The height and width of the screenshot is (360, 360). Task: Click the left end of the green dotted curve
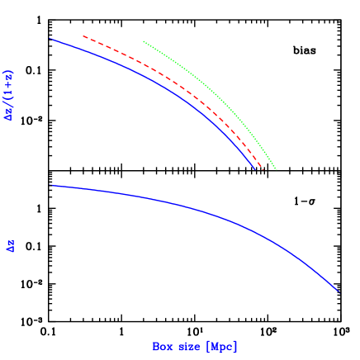point(144,41)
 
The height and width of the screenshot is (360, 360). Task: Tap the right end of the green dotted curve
point(276,169)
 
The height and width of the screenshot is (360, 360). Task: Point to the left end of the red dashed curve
point(83,36)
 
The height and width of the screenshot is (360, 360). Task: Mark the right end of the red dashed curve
point(263,170)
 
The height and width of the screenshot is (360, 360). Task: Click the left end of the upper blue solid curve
point(50,39)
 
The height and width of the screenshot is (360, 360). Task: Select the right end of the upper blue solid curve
point(255,169)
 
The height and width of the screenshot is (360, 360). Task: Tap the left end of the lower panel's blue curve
point(51,185)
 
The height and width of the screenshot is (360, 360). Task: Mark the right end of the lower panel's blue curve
point(339,291)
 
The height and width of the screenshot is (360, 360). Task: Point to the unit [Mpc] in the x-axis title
point(222,348)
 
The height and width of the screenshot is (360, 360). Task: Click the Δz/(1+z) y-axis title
point(10,96)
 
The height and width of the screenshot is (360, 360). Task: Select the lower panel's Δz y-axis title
point(11,246)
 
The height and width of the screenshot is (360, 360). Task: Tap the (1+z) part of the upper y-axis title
point(10,83)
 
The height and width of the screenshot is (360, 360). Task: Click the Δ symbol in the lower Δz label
point(11,249)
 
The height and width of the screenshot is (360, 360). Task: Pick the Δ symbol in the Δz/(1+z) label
point(10,117)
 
